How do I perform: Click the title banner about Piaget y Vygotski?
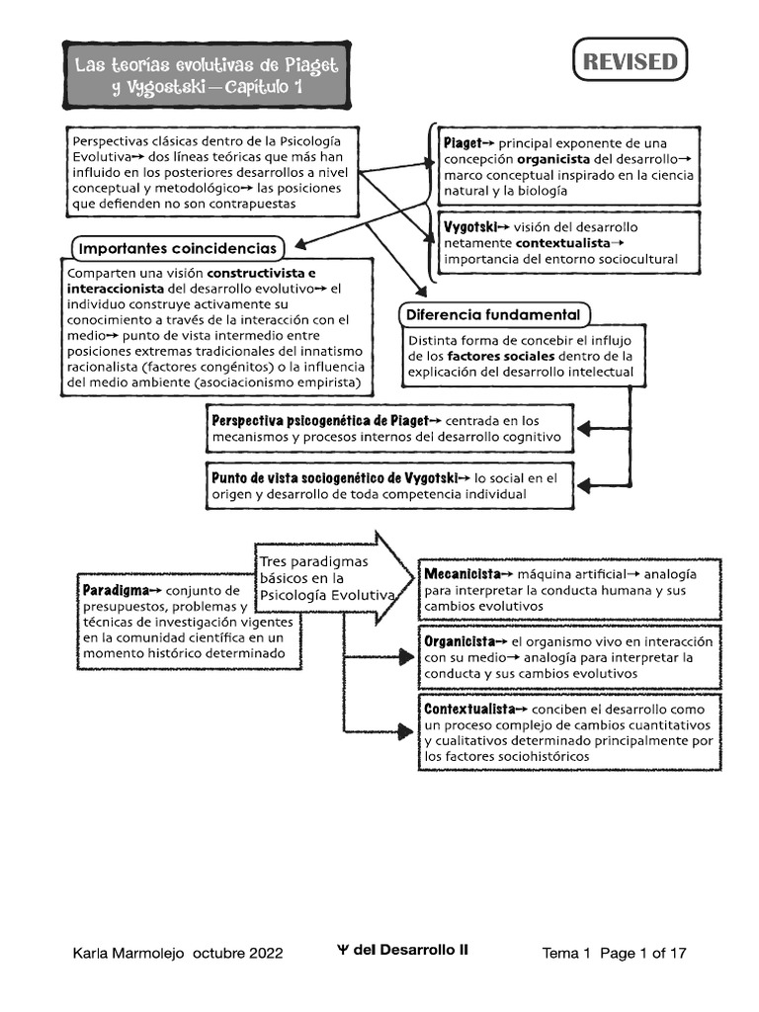point(207,75)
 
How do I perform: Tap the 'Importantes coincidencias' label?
point(178,247)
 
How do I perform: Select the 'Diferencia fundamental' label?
point(494,315)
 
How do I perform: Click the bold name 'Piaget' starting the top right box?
point(462,142)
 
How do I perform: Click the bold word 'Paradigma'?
point(116,590)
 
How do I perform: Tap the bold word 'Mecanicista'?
point(463,573)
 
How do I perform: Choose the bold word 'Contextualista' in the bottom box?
point(469,709)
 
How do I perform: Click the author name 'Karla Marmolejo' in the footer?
point(131,954)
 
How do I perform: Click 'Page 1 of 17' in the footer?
point(642,954)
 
